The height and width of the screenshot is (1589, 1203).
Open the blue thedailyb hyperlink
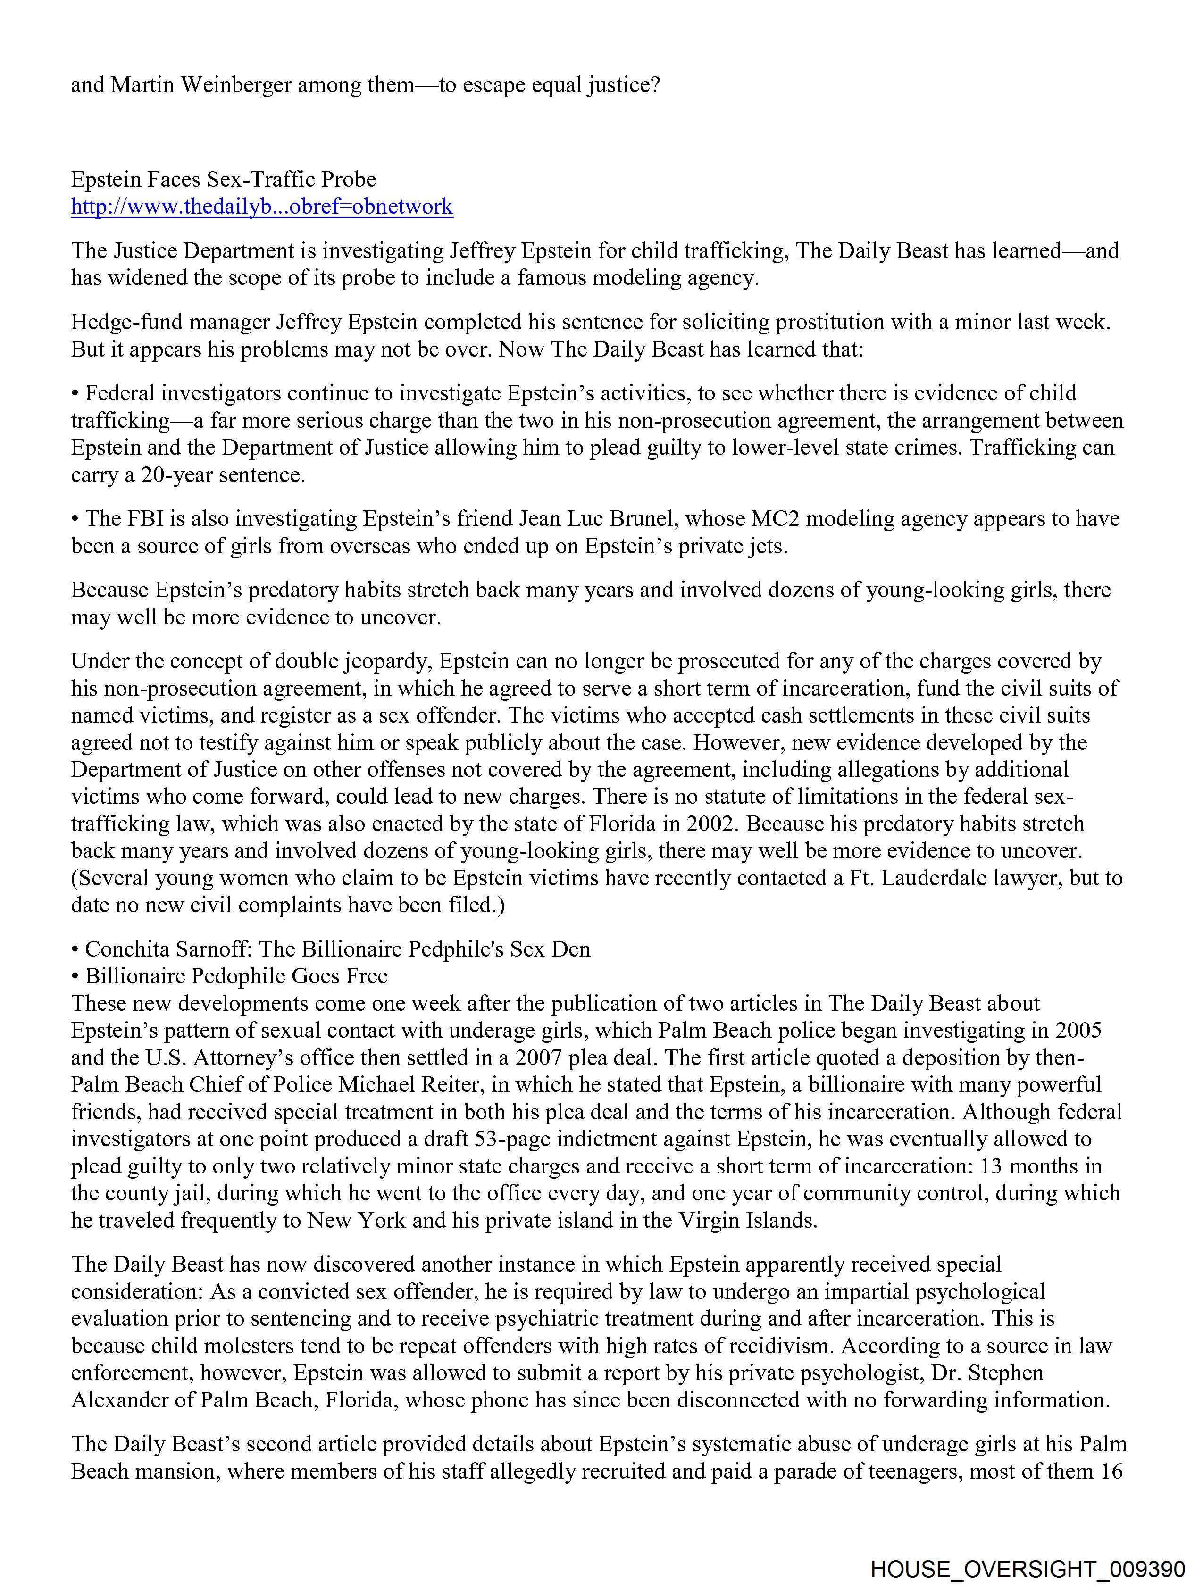[261, 207]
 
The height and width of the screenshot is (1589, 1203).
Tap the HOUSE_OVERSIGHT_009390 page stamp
[1027, 1569]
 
